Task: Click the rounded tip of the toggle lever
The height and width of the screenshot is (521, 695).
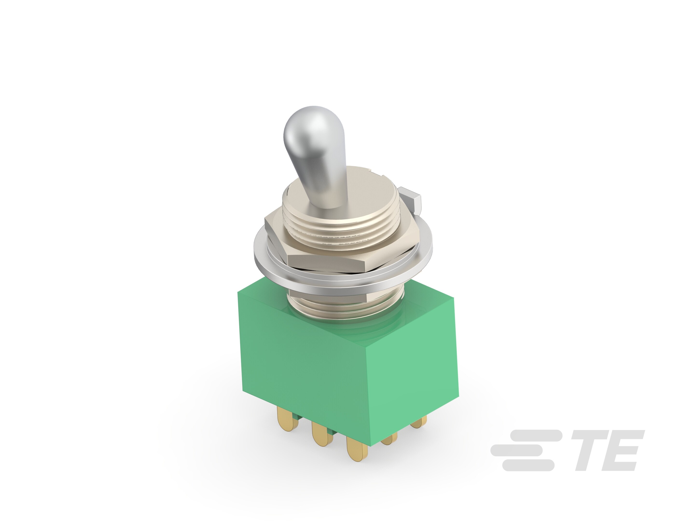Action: [305, 127]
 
